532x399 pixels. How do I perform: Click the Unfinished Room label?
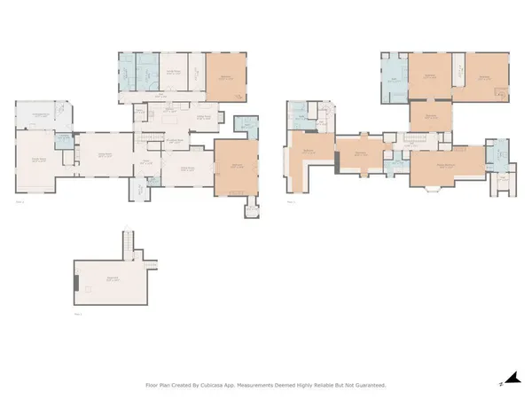click(x=41, y=115)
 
